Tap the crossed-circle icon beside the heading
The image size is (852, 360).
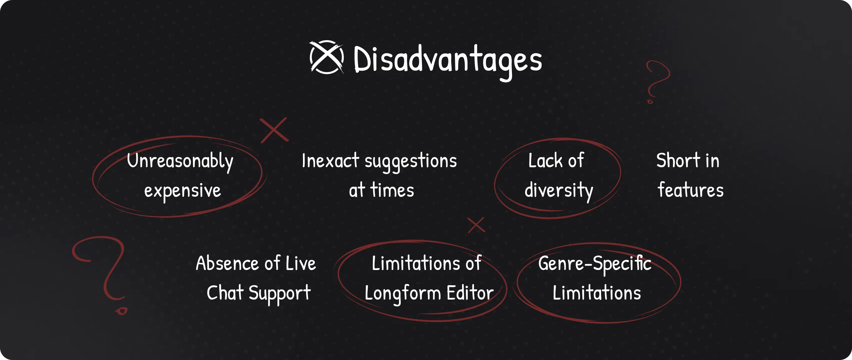click(326, 57)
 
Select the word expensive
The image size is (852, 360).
click(182, 191)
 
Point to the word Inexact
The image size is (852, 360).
click(330, 161)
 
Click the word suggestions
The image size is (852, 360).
click(410, 162)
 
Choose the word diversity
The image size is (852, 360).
click(559, 191)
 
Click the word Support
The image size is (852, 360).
click(280, 294)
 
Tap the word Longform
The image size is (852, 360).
click(403, 294)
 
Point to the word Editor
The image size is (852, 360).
click(470, 293)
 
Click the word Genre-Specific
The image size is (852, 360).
click(595, 264)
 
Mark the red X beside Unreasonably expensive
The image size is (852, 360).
click(274, 130)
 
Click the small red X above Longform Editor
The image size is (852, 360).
click(476, 225)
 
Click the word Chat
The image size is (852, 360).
click(225, 293)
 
